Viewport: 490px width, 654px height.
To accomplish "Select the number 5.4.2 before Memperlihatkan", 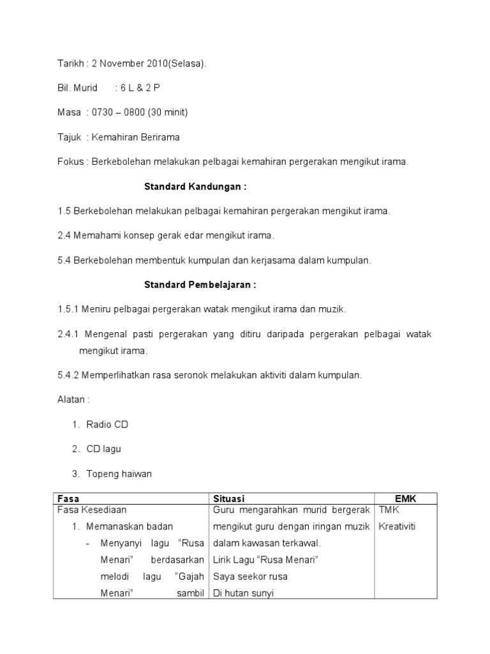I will point(67,375).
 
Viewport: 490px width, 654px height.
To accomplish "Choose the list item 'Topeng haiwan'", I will point(119,473).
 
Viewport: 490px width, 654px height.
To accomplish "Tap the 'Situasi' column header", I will point(230,498).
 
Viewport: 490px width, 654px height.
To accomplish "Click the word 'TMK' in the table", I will point(389,510).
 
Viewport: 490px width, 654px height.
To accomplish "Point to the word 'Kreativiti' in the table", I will point(396,527).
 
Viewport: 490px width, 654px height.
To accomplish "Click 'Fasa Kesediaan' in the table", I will point(92,510).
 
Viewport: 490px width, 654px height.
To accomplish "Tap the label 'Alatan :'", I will point(73,399).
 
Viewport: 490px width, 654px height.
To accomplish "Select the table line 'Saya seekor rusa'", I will point(251,576).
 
